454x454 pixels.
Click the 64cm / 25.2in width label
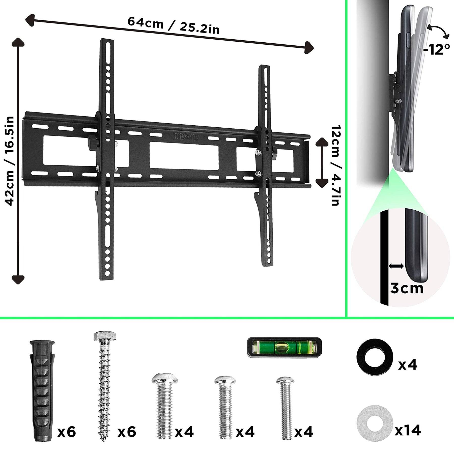[174, 25]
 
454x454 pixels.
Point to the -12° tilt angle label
[437, 49]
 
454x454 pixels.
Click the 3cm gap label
[407, 288]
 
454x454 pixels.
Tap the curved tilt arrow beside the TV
[439, 31]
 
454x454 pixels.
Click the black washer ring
[375, 357]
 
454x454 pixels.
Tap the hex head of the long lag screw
[105, 337]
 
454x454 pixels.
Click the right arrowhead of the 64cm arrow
[309, 48]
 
